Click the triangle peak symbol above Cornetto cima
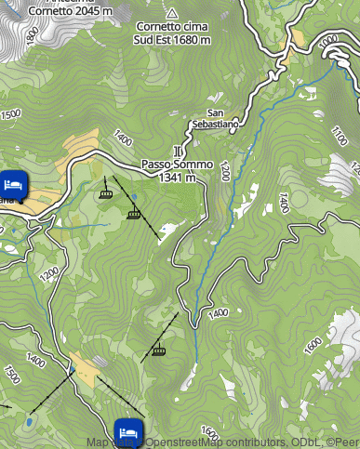point(172,13)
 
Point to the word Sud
point(147,40)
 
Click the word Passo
point(155,165)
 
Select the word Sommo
point(187,165)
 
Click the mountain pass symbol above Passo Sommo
point(177,150)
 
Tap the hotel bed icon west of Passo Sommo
point(13,184)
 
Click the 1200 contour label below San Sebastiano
point(224,170)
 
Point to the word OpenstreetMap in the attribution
point(180,442)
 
